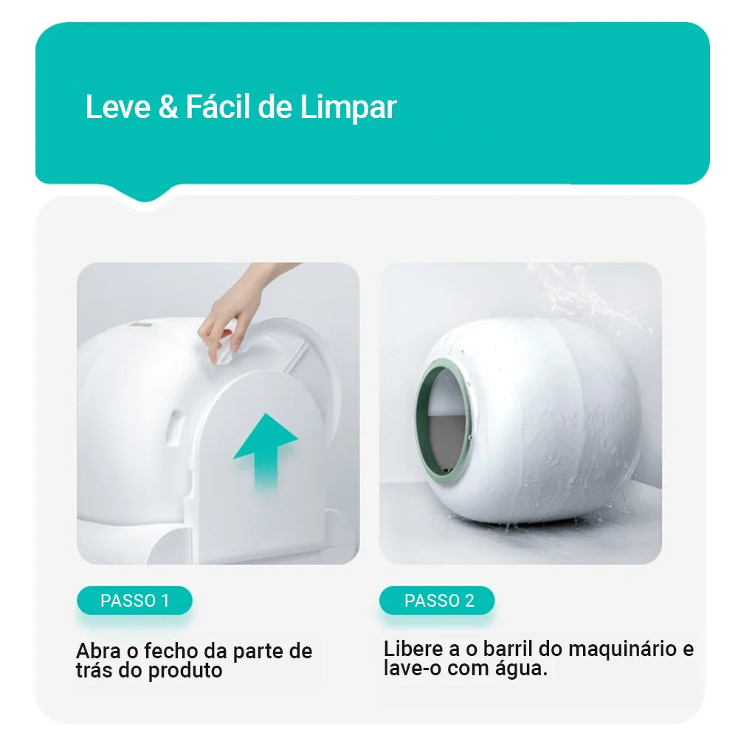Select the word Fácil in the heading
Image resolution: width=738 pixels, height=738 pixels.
[x=217, y=108]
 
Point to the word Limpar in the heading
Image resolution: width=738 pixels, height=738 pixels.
[x=348, y=108]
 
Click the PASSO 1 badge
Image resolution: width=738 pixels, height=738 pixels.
[x=134, y=601]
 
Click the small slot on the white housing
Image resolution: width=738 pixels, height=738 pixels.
[x=176, y=427]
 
